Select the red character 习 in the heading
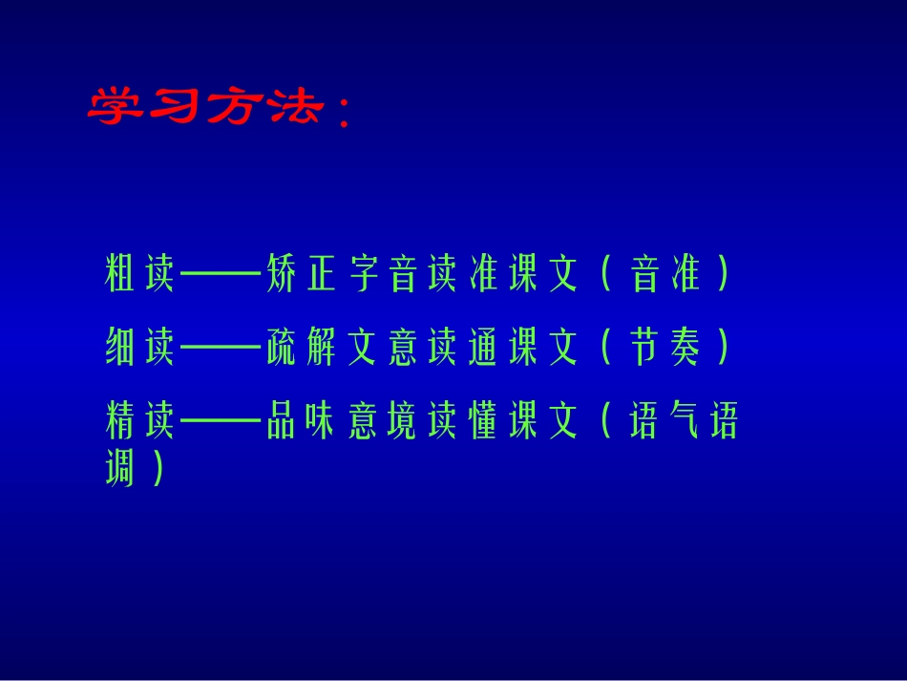(x=172, y=107)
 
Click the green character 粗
(x=119, y=274)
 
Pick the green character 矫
(x=281, y=274)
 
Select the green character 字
(x=365, y=274)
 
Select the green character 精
(x=119, y=421)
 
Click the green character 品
(x=281, y=421)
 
